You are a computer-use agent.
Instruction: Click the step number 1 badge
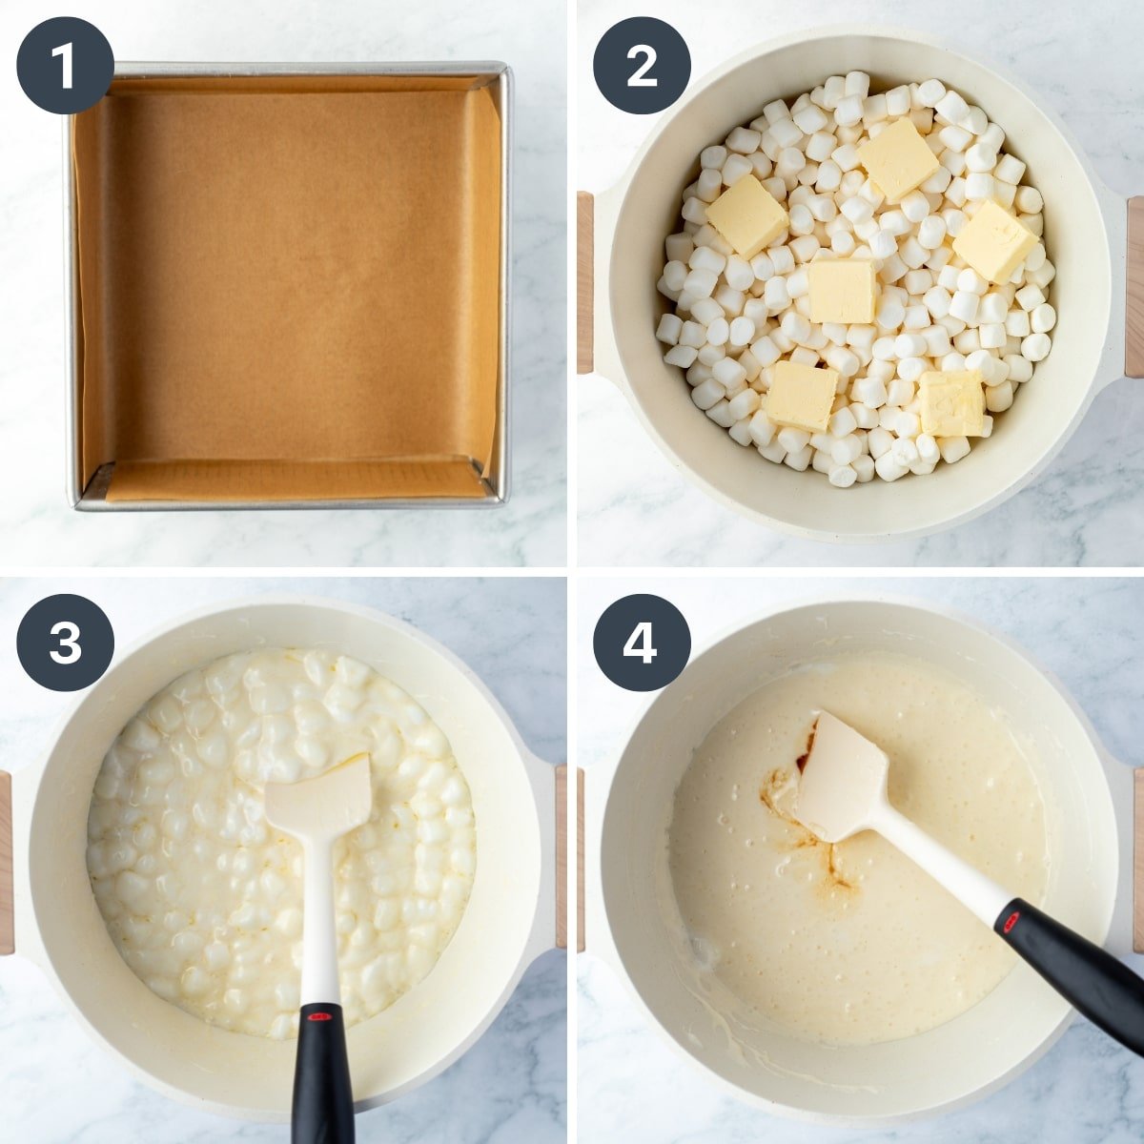pos(66,66)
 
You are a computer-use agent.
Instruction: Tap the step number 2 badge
pos(642,66)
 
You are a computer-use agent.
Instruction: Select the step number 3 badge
pos(66,643)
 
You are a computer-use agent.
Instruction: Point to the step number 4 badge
pos(642,643)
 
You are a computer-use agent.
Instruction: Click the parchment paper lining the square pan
pos(289,284)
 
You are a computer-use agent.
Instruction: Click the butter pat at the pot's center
pos(841,292)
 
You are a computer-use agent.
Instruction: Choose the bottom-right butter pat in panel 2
pos(951,403)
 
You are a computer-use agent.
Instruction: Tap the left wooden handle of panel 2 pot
pos(584,282)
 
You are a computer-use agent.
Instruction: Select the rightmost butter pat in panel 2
pos(995,241)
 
